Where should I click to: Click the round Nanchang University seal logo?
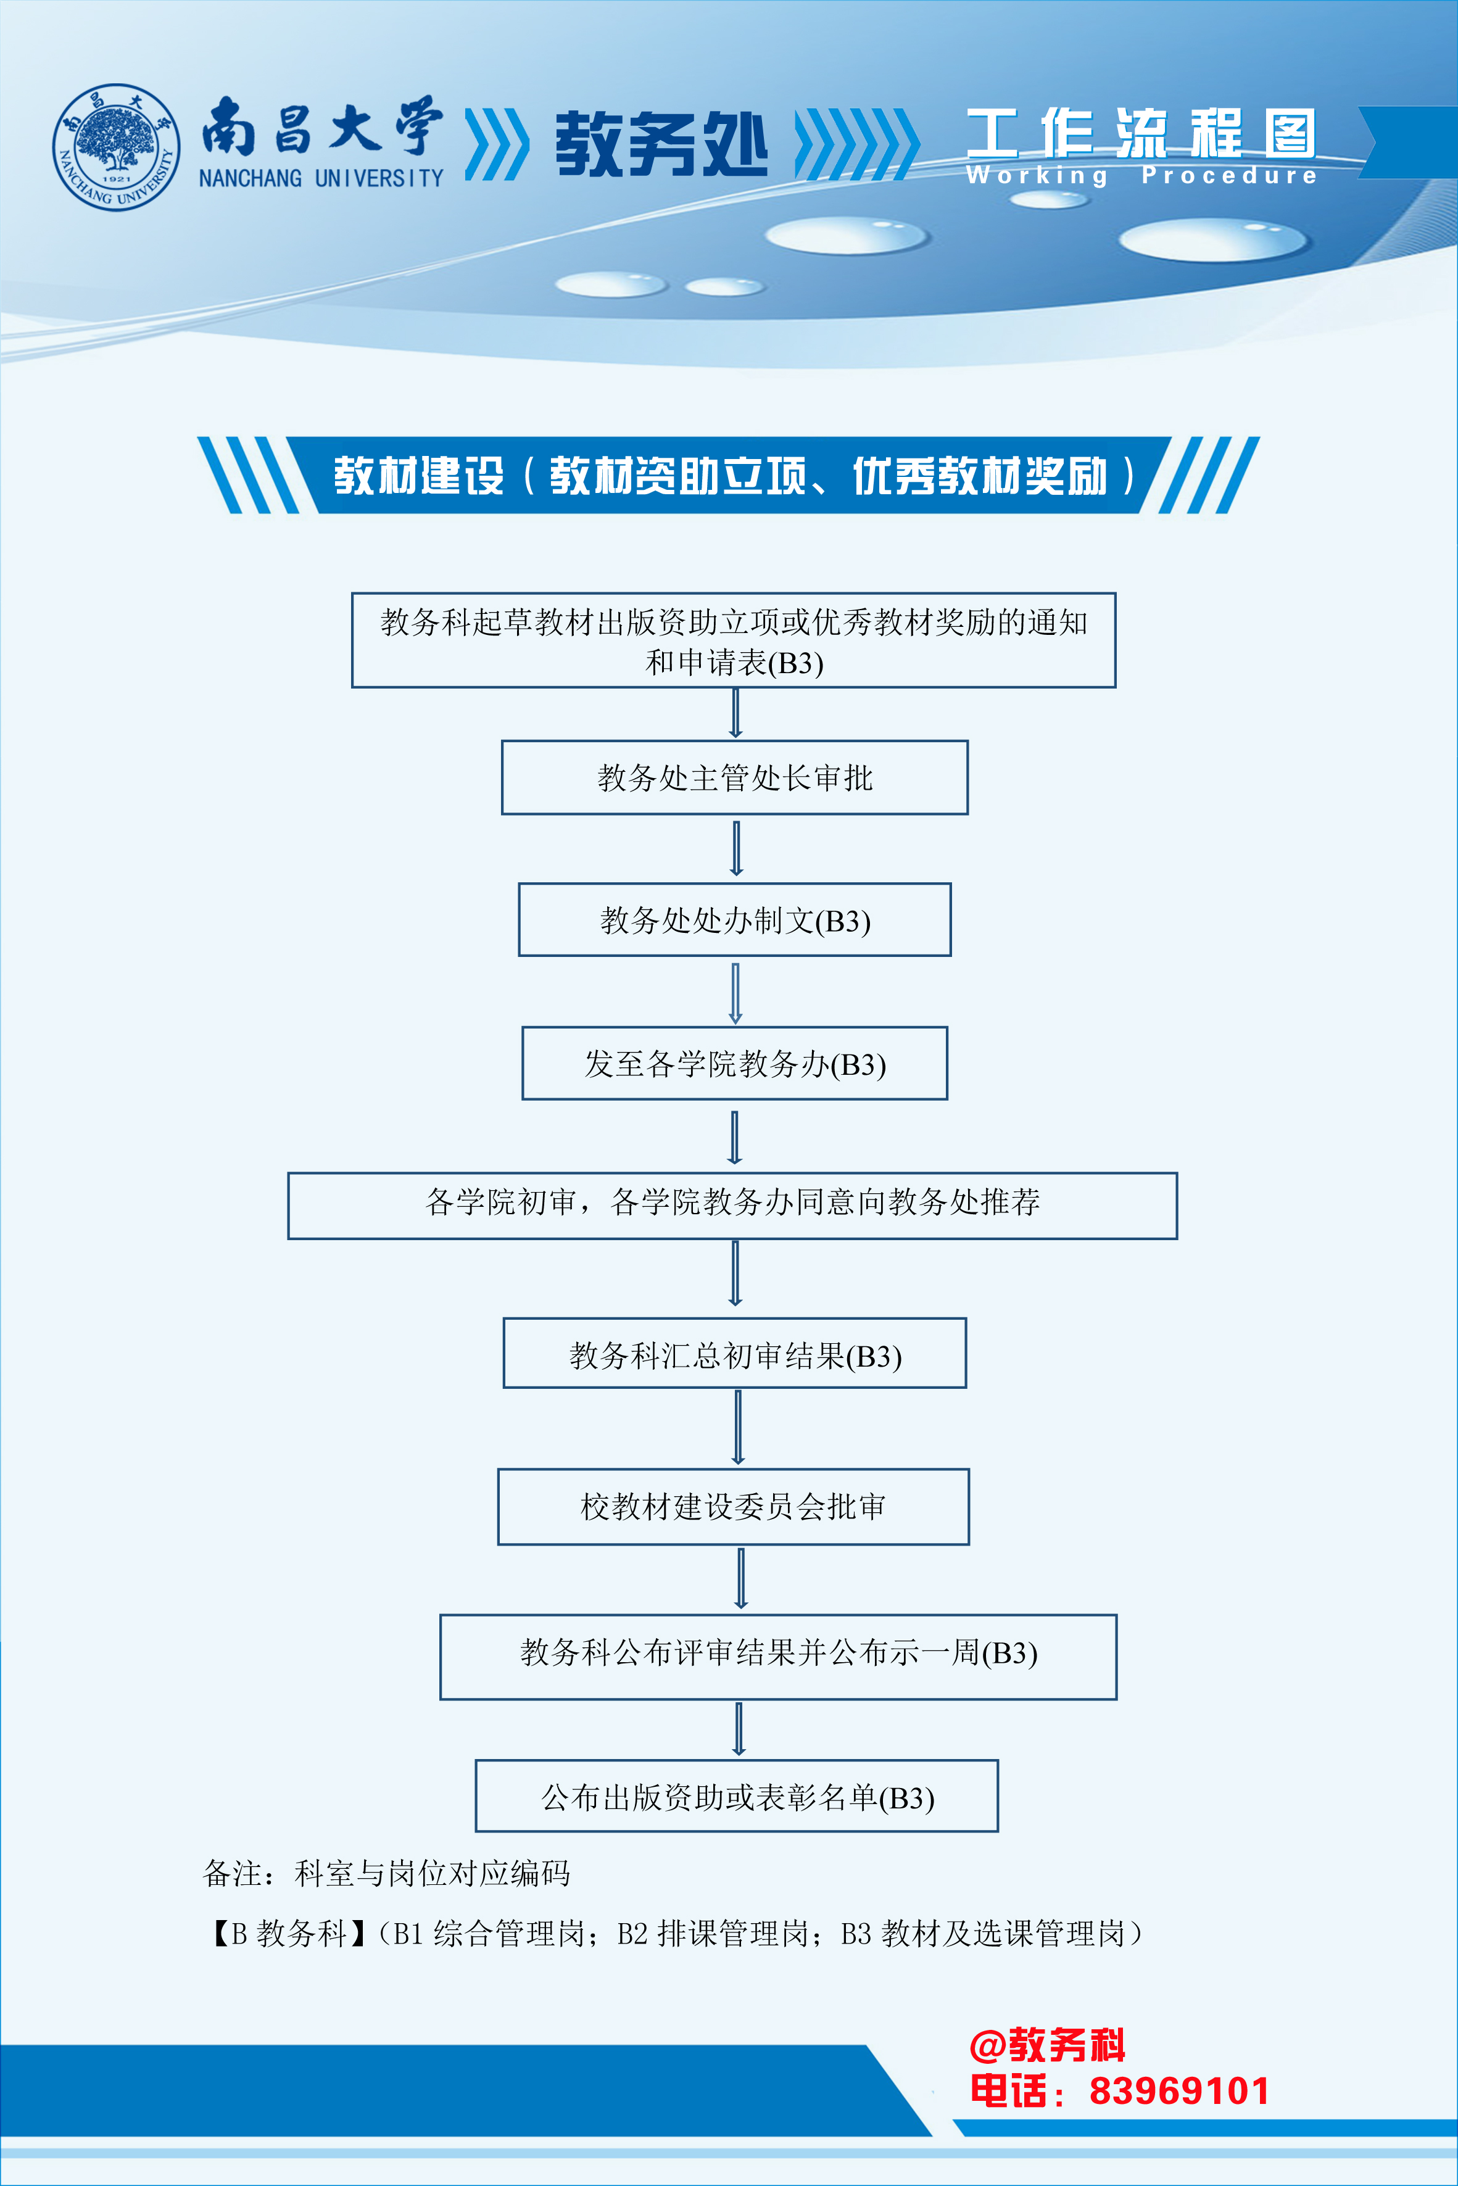tap(116, 147)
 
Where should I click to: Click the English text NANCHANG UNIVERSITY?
tap(321, 178)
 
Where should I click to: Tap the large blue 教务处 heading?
tap(661, 144)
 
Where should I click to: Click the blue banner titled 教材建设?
tap(729, 475)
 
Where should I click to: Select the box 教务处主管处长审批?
tap(735, 777)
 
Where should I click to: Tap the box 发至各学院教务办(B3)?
tap(735, 1064)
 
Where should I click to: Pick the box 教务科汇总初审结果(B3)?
tap(735, 1354)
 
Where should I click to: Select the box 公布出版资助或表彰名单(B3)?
tap(737, 1797)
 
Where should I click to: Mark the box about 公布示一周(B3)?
tap(778, 1657)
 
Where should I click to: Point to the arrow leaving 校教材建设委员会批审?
tap(741, 1578)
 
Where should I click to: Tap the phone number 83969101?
tap(1179, 2091)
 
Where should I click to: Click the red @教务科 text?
tap(1047, 2045)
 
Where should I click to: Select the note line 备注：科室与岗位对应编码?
tap(387, 1873)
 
